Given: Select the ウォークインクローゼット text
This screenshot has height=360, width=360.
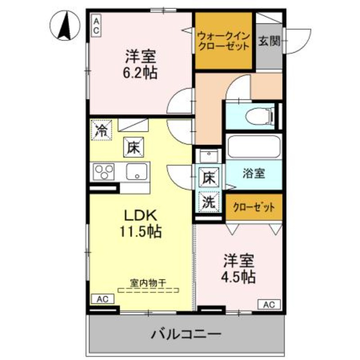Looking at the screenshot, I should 223,40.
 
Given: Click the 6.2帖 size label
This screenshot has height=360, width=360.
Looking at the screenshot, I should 140,72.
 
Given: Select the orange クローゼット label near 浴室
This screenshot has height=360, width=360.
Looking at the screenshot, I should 254,207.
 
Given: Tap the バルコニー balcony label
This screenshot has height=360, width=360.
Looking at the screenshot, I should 186,335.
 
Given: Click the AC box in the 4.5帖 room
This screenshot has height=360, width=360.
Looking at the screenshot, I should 269,304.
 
